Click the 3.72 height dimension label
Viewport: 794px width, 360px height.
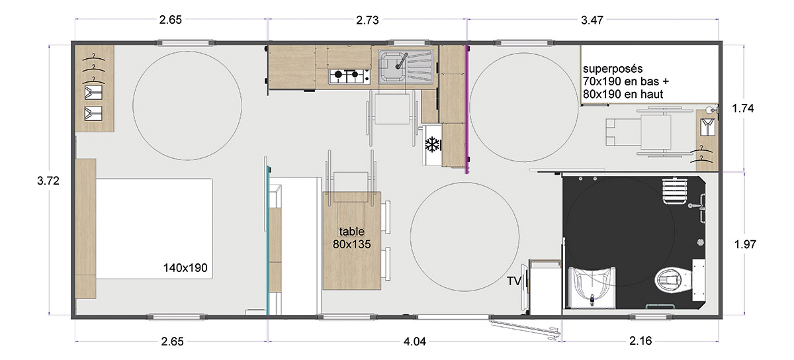(48, 181)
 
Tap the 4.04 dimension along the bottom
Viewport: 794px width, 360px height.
(415, 341)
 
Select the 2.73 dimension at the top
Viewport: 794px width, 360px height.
(367, 21)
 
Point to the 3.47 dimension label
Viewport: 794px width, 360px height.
(592, 21)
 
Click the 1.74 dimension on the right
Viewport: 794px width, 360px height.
(743, 108)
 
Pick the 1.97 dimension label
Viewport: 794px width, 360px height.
(745, 244)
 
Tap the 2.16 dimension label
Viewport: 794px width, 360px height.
(640, 341)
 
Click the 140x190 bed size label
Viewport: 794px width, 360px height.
(185, 268)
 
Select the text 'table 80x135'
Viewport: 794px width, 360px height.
(351, 238)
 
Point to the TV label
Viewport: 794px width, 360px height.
(514, 281)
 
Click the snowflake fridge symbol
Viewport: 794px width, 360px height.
(433, 144)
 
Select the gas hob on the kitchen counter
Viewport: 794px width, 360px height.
(349, 76)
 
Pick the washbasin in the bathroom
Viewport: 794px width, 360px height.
(592, 287)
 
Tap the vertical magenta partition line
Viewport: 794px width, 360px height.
(467, 109)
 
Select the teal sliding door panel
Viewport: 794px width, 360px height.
(269, 240)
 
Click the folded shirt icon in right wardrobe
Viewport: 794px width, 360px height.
(707, 127)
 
